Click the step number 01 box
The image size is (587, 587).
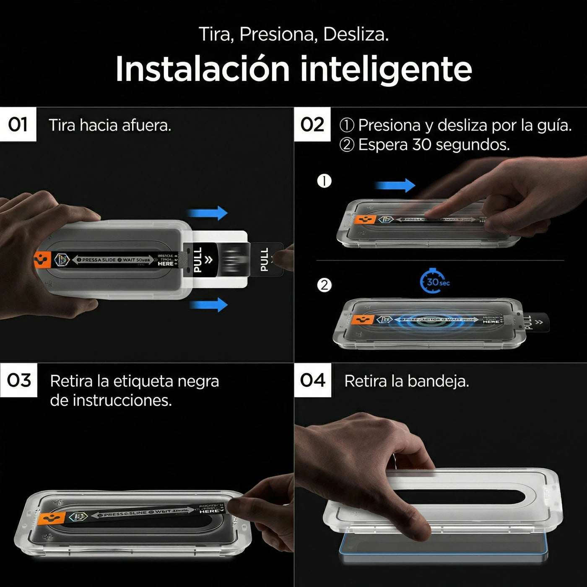(18, 125)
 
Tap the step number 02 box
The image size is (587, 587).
(312, 125)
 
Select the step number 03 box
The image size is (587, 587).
(19, 380)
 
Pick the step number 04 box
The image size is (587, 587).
(313, 380)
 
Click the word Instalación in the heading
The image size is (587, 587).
(203, 69)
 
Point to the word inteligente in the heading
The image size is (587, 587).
(386, 69)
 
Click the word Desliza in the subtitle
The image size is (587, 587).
(355, 34)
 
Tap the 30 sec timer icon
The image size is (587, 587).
(434, 282)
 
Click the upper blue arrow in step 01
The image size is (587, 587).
(208, 213)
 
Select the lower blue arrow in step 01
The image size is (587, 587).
(208, 304)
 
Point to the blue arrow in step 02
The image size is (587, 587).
(395, 185)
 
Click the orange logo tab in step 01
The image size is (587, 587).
(43, 260)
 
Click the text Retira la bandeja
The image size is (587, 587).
(406, 381)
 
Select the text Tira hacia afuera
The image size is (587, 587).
(110, 125)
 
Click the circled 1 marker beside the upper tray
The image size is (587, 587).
(324, 181)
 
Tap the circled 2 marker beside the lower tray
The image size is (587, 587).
(324, 286)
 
